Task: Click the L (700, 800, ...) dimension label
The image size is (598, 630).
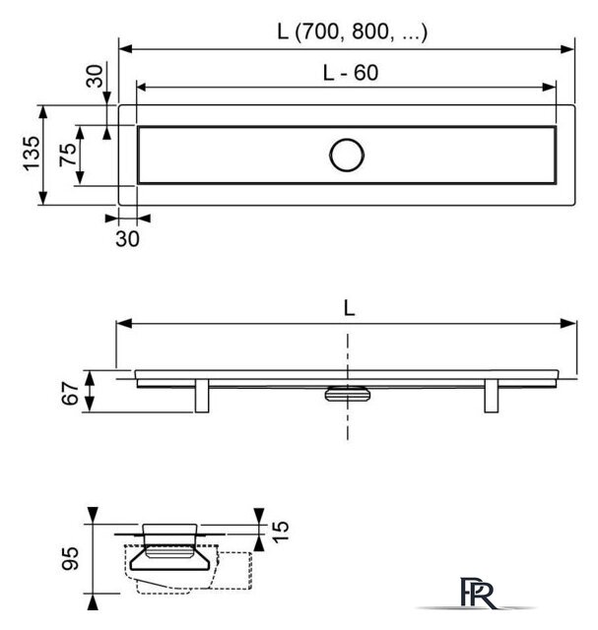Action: tap(352, 31)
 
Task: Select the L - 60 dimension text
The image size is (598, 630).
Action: tap(351, 73)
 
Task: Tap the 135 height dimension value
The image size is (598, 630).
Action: tap(33, 154)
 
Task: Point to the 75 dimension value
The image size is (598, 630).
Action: tap(68, 155)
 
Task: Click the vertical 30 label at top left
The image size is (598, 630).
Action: tap(95, 77)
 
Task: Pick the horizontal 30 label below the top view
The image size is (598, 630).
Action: tap(127, 238)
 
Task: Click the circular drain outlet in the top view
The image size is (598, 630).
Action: tap(347, 156)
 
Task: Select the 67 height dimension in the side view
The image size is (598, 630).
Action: tap(70, 394)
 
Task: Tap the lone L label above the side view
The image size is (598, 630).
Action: tap(349, 308)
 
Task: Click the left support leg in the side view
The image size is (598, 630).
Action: tap(202, 395)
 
